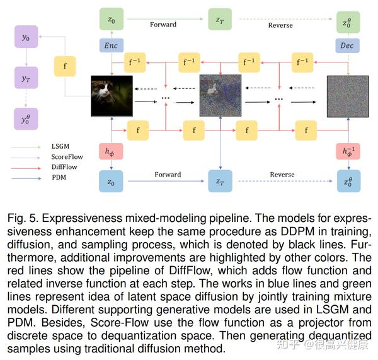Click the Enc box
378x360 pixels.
[112, 46]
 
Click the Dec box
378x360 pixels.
[348, 46]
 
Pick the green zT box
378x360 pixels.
[219, 19]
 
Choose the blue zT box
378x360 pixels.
[219, 181]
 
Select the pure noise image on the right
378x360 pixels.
[348, 96]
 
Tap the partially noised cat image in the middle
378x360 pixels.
[220, 96]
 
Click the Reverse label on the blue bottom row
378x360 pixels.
[282, 175]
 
